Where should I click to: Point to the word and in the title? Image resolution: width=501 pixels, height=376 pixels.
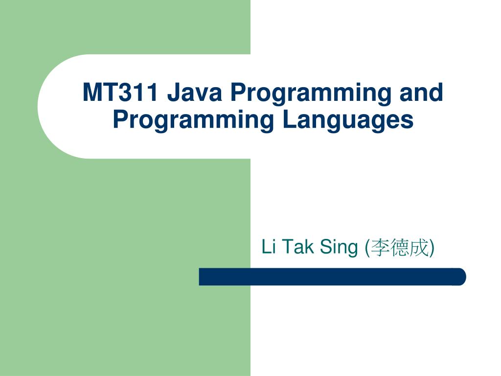coord(421,93)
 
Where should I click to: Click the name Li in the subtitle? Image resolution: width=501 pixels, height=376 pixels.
coord(269,247)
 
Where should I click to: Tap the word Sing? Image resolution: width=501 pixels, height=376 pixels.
coord(339,248)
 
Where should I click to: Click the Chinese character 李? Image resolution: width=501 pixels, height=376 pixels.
coord(380,248)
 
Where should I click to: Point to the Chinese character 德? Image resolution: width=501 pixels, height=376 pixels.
coord(400,248)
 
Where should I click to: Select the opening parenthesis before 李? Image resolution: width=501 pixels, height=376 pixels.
coord(367,248)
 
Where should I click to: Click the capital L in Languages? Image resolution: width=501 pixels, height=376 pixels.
coord(287,120)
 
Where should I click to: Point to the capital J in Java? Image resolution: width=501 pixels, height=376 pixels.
coord(173,93)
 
